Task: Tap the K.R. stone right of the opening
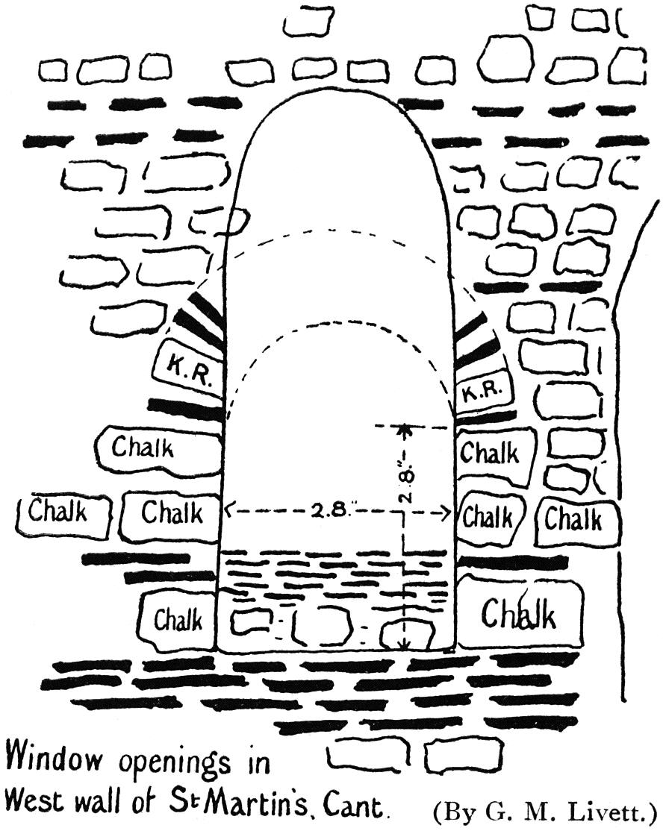coord(482,390)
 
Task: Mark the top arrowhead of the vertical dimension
coord(404,428)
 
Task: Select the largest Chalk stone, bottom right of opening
coord(520,613)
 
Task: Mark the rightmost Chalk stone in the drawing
coord(574,518)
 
